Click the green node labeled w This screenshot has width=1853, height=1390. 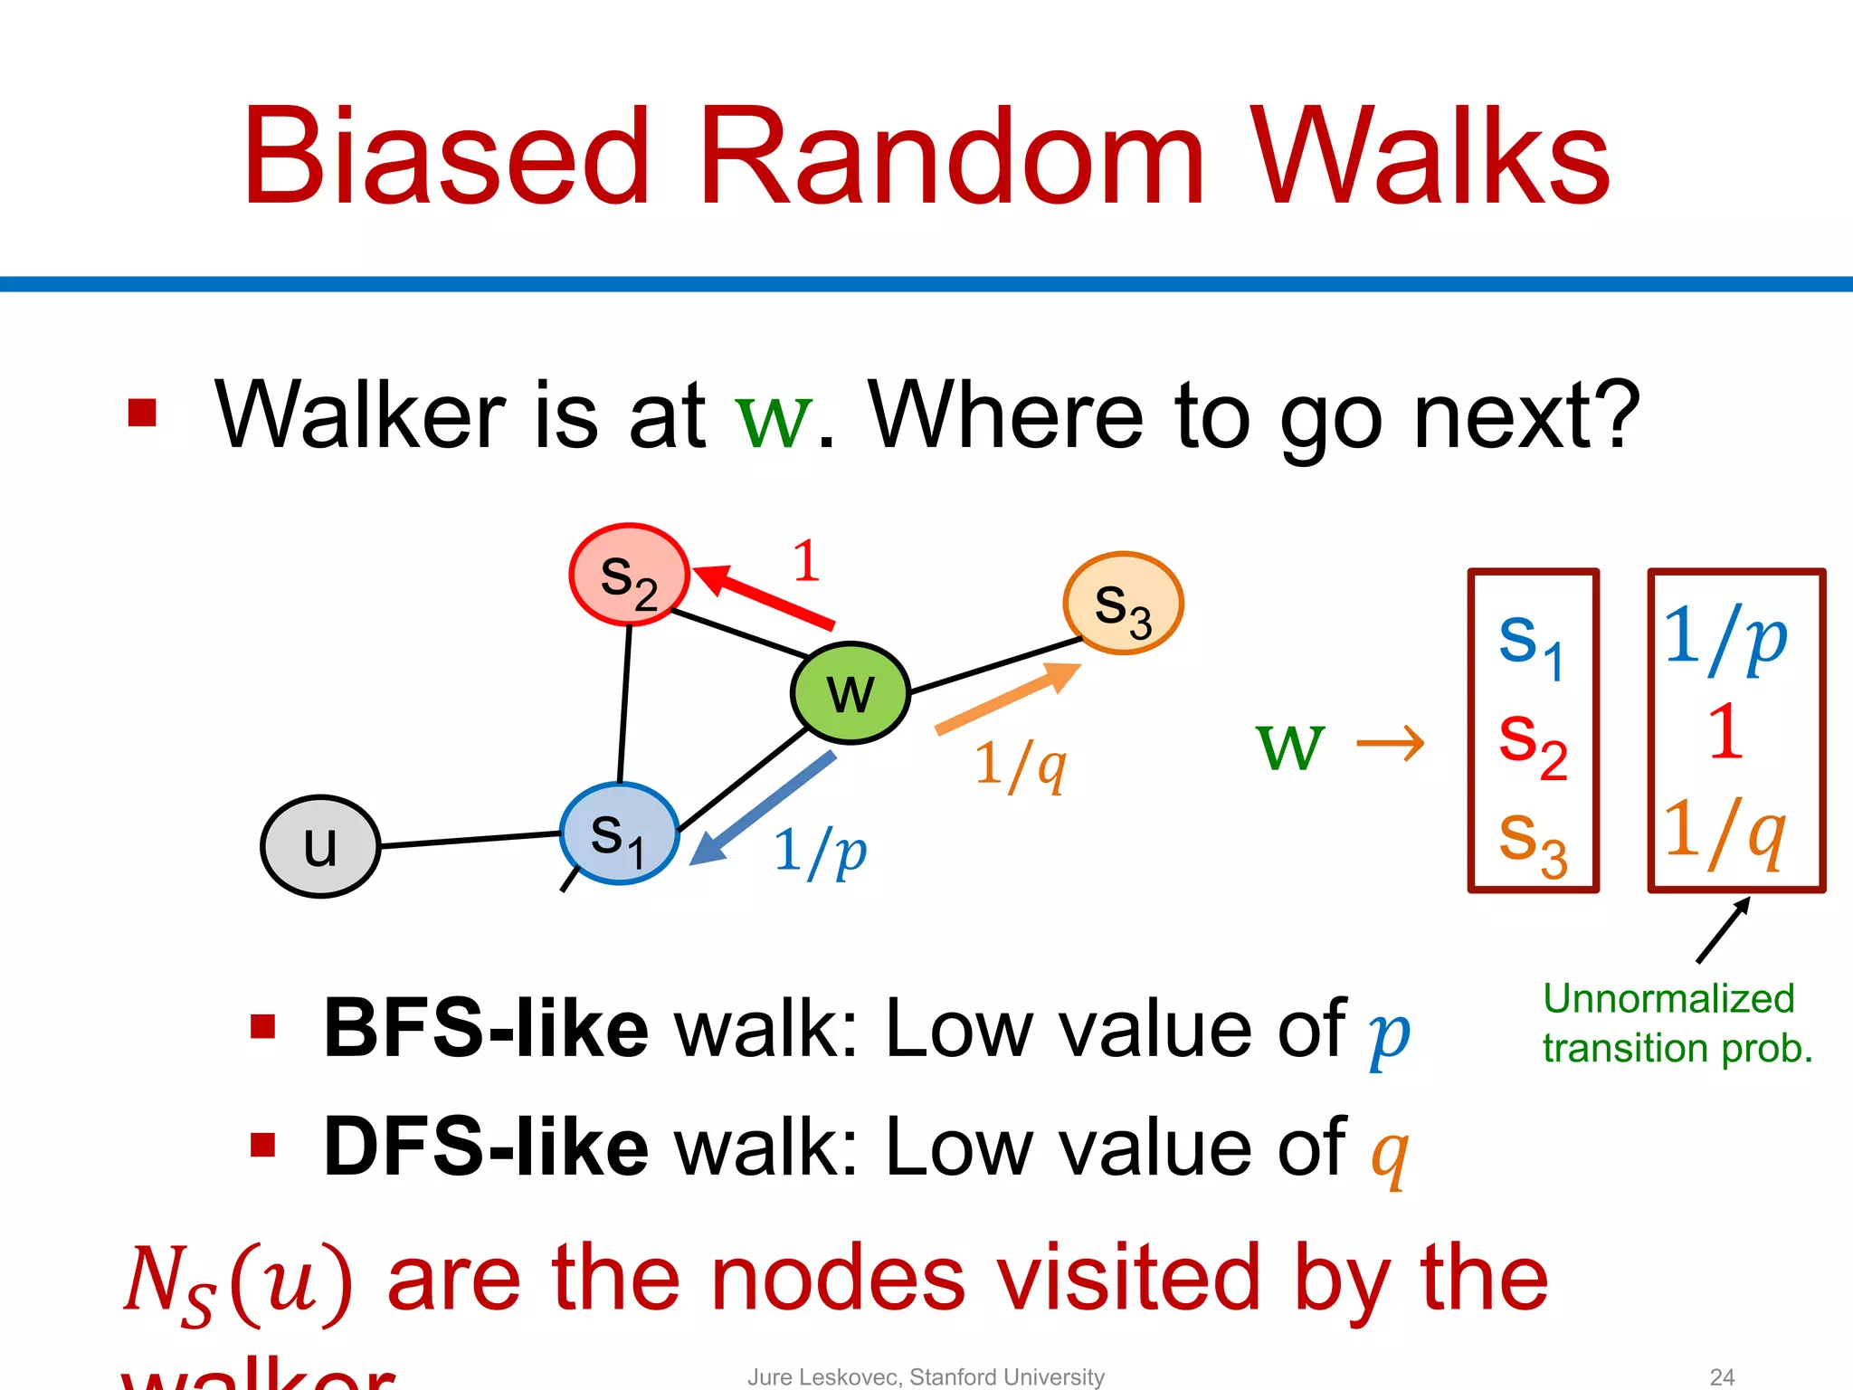(x=850, y=692)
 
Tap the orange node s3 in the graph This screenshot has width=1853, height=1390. (x=1123, y=604)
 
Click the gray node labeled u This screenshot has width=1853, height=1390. (x=320, y=846)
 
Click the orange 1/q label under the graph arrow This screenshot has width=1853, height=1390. (x=1020, y=765)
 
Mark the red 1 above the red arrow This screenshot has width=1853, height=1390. (x=806, y=561)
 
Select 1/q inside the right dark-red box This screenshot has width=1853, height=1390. (x=1725, y=831)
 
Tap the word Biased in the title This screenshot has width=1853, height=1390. (x=445, y=158)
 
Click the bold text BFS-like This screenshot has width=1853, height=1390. (x=486, y=1029)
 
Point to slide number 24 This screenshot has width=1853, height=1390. (x=1722, y=1376)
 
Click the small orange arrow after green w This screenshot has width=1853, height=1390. (x=1391, y=744)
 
